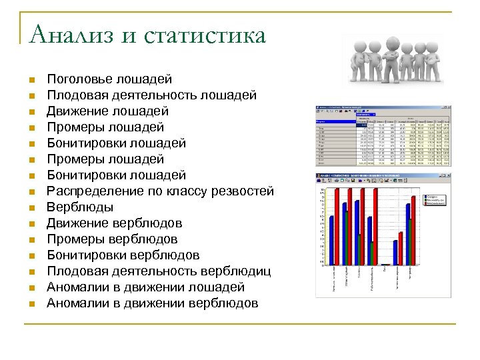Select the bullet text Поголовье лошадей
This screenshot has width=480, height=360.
[109, 79]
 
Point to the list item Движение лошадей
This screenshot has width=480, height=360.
[107, 111]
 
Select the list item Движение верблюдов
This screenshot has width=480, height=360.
[114, 223]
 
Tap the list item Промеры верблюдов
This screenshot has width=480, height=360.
[112, 239]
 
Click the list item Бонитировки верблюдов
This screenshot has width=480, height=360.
[123, 255]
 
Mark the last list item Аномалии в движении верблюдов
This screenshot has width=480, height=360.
[152, 303]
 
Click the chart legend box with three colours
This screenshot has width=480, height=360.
[436, 202]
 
